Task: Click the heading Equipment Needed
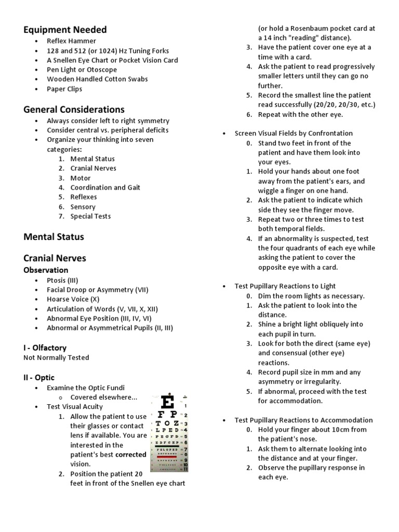[x=65, y=30]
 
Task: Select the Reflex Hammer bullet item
[x=71, y=41]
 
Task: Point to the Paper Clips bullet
[x=64, y=89]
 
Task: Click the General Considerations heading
[x=74, y=110]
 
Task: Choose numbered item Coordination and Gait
[x=105, y=188]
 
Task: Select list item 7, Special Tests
[x=90, y=216]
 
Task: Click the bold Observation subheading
[x=46, y=270]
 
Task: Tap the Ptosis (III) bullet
[x=62, y=280]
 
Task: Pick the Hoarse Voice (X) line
[x=73, y=299]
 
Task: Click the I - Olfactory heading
[x=45, y=348]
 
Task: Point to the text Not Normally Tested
[x=56, y=357]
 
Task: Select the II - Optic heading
[x=39, y=377]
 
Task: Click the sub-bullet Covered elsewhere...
[x=104, y=397]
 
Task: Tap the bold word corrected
[x=130, y=455]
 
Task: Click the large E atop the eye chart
[x=167, y=403]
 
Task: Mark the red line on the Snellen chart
[x=167, y=457]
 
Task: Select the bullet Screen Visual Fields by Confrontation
[x=294, y=134]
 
